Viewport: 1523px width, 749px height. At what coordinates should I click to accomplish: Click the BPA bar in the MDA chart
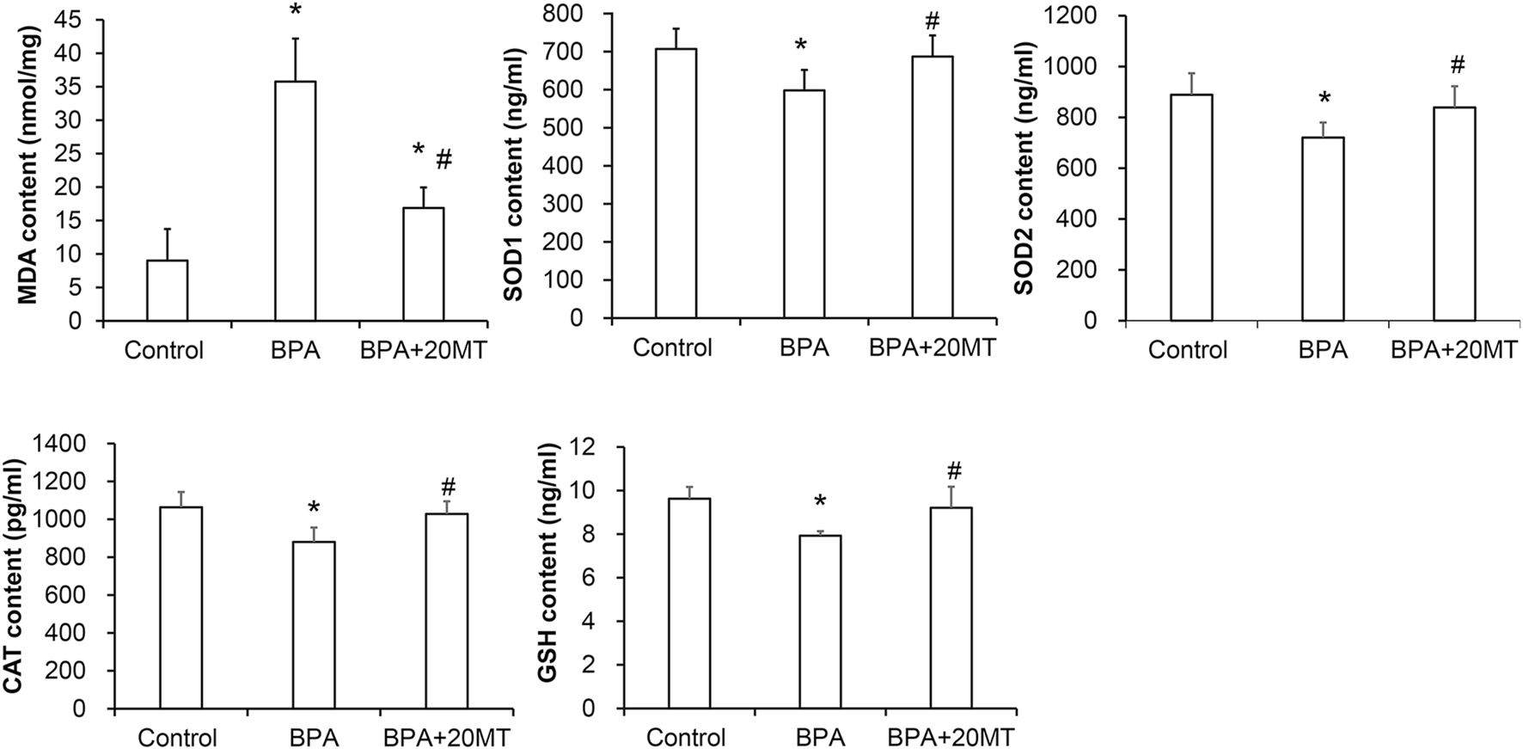(x=295, y=201)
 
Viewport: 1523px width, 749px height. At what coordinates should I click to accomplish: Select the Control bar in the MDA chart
(x=167, y=291)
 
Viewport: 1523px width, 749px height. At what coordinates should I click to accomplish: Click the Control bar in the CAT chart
(x=180, y=607)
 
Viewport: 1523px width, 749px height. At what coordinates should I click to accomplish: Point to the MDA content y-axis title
(x=27, y=163)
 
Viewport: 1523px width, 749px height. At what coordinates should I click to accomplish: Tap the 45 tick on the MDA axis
(x=76, y=20)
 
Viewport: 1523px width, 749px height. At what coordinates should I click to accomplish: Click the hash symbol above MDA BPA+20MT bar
(x=444, y=160)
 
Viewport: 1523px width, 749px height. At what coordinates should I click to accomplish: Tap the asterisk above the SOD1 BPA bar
(x=800, y=45)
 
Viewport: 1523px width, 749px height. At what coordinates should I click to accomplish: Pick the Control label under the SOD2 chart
(x=1188, y=349)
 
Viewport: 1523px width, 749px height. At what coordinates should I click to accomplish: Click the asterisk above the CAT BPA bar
(x=313, y=507)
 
